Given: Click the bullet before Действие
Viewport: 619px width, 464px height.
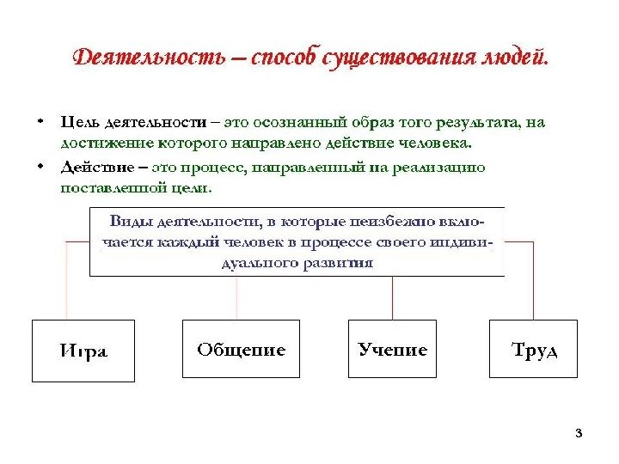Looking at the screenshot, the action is pyautogui.click(x=40, y=166).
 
